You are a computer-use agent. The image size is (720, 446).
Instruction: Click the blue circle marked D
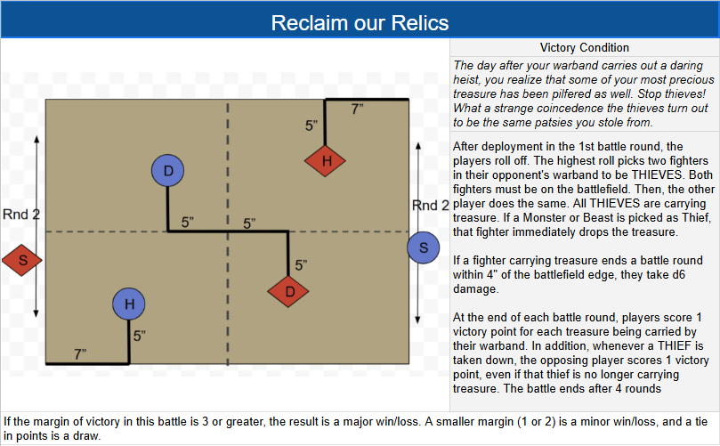[167, 171]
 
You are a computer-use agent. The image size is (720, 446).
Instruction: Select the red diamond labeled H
[326, 161]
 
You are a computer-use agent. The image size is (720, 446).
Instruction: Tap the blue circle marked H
[129, 305]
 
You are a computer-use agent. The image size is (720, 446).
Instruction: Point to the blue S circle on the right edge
[424, 247]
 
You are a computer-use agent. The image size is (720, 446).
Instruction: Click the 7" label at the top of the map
[357, 109]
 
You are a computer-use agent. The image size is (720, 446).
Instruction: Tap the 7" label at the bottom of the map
[80, 354]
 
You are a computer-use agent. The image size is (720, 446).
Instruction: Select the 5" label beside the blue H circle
[139, 337]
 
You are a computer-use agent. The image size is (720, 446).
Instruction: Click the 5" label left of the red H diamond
[311, 126]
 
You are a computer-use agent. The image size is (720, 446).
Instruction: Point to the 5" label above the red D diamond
[301, 264]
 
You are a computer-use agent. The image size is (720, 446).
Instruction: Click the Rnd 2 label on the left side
[21, 215]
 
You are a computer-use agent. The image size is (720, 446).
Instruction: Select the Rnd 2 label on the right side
[431, 206]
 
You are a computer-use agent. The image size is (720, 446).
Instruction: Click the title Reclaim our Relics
[360, 22]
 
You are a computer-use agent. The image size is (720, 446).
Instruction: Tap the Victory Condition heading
[584, 47]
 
